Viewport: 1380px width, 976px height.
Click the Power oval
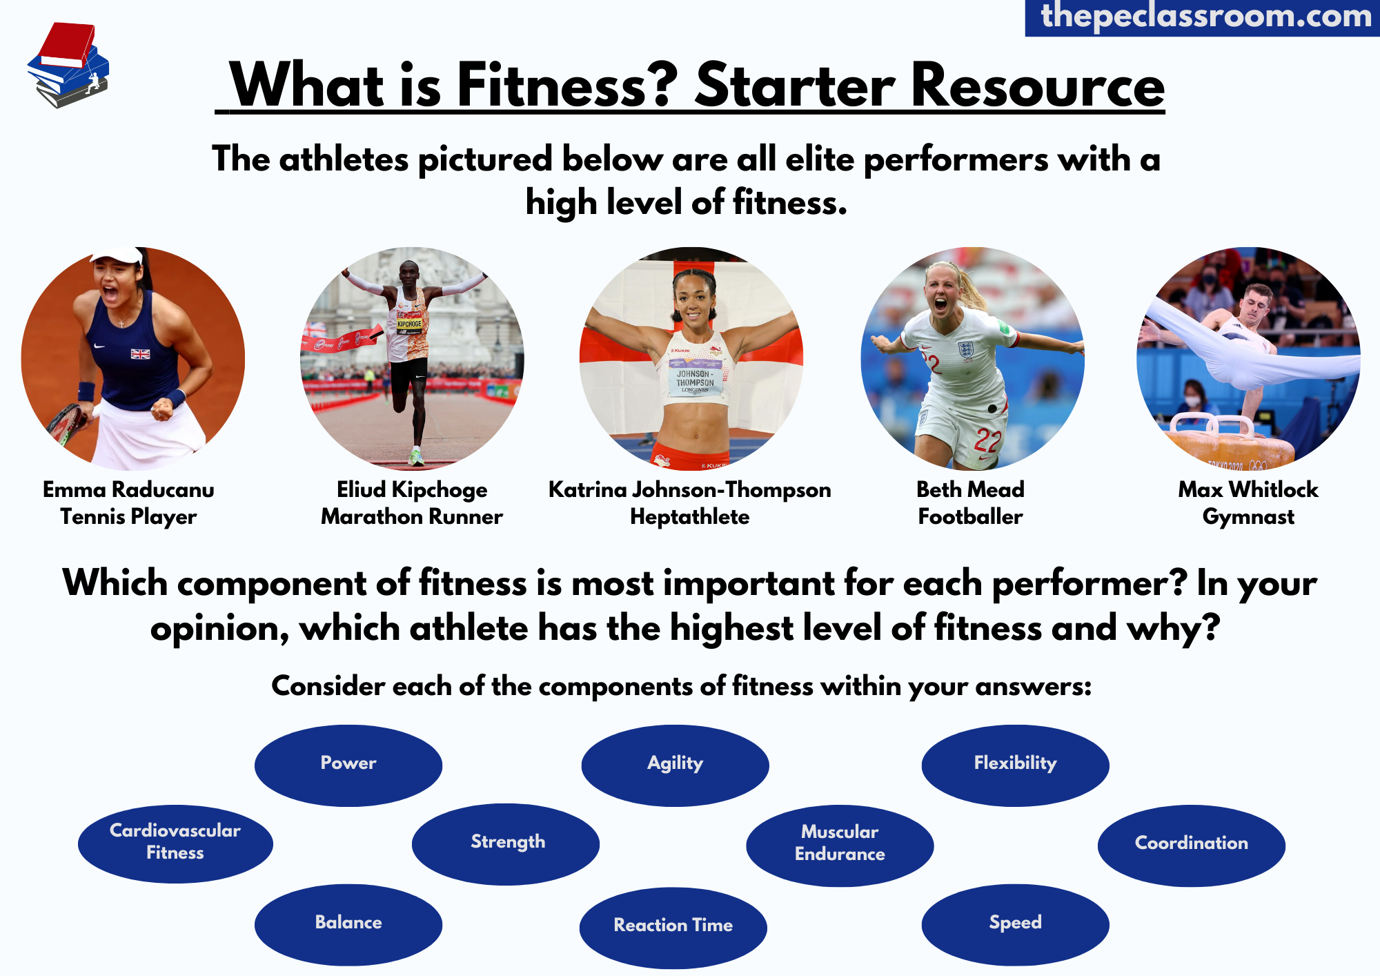pyautogui.click(x=348, y=765)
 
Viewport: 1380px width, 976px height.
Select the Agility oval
pyautogui.click(x=675, y=765)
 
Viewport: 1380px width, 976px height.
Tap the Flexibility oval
pyautogui.click(x=1015, y=765)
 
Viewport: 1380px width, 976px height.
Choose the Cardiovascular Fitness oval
pyautogui.click(x=175, y=843)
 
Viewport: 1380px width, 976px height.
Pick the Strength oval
pyautogui.click(x=506, y=843)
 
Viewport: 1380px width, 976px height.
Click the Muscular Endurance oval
pyautogui.click(x=840, y=845)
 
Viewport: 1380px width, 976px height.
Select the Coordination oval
pyautogui.click(x=1191, y=845)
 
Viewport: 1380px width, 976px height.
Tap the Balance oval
pyautogui.click(x=348, y=924)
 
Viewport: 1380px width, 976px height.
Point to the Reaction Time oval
pyautogui.click(x=673, y=927)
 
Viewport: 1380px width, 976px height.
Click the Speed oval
pyautogui.click(x=1015, y=924)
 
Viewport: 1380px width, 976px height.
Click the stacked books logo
pyautogui.click(x=68, y=65)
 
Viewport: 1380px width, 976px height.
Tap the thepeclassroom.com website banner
pyautogui.click(x=1203, y=17)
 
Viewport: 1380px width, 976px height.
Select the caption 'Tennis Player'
pyautogui.click(x=128, y=517)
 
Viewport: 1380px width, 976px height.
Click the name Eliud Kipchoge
pyautogui.click(x=412, y=489)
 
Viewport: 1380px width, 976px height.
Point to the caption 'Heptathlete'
pyautogui.click(x=690, y=517)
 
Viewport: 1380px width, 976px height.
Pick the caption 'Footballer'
pyautogui.click(x=970, y=517)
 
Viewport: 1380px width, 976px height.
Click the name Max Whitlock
pyautogui.click(x=1248, y=489)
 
